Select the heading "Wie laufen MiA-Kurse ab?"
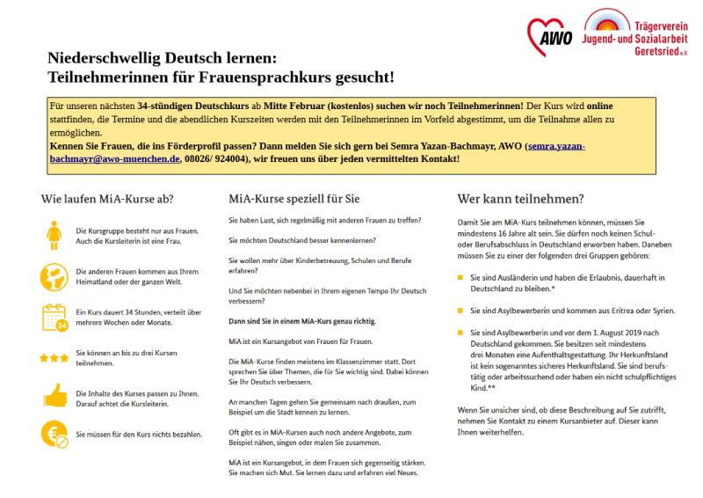tap(106, 199)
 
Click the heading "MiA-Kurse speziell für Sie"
tap(294, 199)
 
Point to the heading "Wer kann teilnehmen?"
tap(521, 199)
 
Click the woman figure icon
tap(54, 235)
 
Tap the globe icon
tap(54, 276)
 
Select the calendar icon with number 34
tap(54, 317)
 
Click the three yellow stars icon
tap(54, 358)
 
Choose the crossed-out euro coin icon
tap(54, 434)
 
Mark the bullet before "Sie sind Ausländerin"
tap(460, 278)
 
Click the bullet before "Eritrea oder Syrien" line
tap(460, 311)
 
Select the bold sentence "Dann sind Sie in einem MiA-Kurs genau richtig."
tap(301, 322)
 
